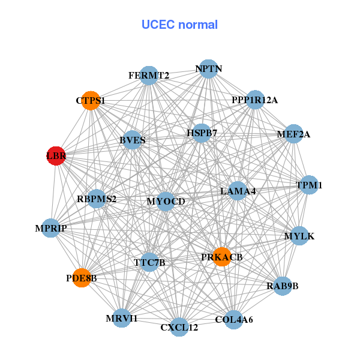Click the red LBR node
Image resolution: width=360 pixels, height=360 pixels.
coord(56,155)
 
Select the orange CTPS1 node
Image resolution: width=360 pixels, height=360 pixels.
coord(91,101)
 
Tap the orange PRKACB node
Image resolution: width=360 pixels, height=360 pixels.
coord(222,256)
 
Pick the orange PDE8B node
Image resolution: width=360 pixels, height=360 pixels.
coord(82,278)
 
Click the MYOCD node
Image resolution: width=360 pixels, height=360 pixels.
coord(166,201)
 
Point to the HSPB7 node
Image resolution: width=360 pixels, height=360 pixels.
coord(202,133)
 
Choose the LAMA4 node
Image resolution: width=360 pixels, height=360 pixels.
coord(238,191)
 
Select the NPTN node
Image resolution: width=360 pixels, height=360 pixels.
coord(208,69)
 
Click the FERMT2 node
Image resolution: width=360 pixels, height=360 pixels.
coord(149,76)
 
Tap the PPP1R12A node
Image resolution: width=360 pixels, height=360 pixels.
coord(255,100)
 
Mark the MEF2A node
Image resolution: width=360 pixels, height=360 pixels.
coord(293,134)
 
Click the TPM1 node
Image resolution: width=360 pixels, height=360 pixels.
coord(309,185)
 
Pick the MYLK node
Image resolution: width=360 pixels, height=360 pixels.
coord(299,236)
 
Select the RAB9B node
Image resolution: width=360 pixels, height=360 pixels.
coord(282,286)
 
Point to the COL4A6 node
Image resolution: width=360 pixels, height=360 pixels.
coord(234,319)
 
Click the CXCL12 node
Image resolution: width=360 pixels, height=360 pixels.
coord(179,327)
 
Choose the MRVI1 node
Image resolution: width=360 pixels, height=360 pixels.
coord(122,318)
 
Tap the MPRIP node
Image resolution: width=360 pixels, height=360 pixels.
coord(51,228)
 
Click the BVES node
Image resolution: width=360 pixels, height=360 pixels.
coord(133,140)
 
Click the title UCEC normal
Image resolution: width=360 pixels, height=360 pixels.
coord(179,25)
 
